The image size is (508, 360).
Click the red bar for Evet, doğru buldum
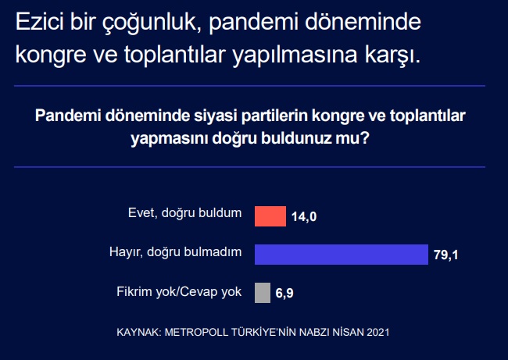(x=270, y=216)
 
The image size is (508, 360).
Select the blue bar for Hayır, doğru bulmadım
(x=342, y=255)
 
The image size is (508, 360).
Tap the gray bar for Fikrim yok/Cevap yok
(x=263, y=293)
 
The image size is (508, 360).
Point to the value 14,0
(x=304, y=216)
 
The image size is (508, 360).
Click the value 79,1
(x=445, y=255)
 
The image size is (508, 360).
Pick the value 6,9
(x=284, y=293)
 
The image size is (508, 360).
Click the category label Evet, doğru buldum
(x=185, y=214)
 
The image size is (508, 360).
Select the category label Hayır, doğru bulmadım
(x=176, y=252)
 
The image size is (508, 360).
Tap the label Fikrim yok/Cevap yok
(x=179, y=292)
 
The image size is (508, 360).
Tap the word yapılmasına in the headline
(x=295, y=55)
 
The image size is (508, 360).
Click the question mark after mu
(x=366, y=138)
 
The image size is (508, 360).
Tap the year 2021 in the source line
(x=378, y=332)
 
